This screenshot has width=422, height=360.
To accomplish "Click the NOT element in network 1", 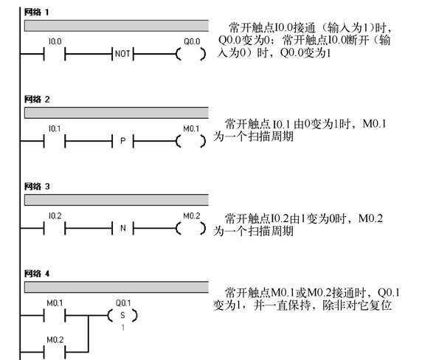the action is click(122, 54).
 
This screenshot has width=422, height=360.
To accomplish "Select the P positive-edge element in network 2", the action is click(122, 141).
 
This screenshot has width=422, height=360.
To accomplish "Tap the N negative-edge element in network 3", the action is click(122, 228).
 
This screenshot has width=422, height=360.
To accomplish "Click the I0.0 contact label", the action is click(55, 41).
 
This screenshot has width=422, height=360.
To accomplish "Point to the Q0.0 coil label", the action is click(192, 41).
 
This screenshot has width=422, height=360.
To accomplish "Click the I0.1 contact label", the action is click(55, 128).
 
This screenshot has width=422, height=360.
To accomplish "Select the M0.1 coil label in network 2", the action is click(191, 128).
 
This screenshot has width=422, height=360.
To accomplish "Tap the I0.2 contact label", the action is click(55, 216).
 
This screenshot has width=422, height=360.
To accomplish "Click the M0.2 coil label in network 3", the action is click(192, 216).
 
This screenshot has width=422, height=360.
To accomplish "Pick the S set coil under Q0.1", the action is click(122, 315).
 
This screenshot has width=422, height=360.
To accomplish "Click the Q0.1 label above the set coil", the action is click(123, 303).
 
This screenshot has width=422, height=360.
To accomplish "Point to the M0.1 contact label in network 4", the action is click(55, 303).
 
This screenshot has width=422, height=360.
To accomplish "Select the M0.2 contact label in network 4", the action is click(55, 340).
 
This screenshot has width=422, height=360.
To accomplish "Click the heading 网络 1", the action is click(36, 12).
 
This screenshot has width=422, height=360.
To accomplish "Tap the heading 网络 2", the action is click(37, 100).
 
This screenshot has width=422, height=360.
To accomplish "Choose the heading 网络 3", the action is click(37, 187).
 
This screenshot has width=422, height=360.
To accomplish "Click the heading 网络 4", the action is click(37, 274).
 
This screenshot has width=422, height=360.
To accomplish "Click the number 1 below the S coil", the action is click(123, 328).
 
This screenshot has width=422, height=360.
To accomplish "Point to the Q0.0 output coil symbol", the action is click(191, 54).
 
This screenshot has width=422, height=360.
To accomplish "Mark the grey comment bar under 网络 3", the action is click(117, 200).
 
